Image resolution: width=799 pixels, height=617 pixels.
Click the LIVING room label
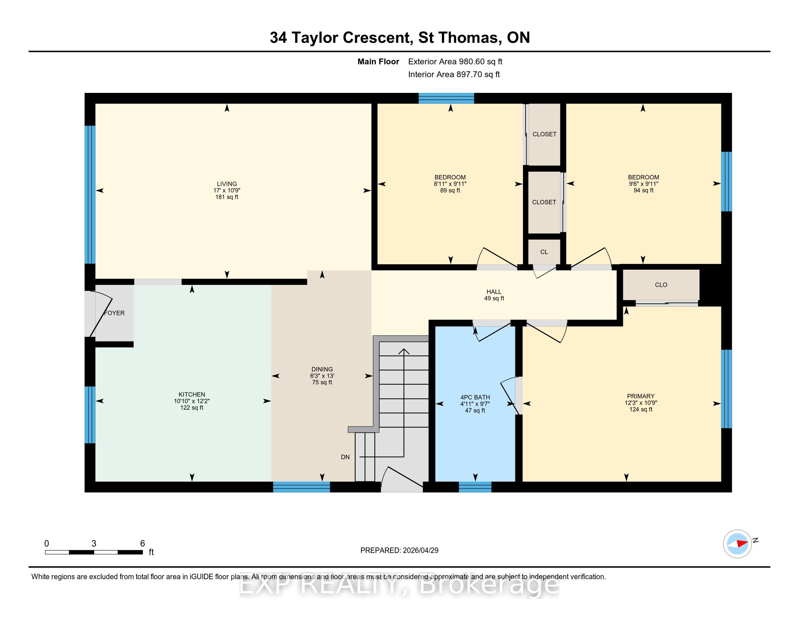pyautogui.click(x=227, y=184)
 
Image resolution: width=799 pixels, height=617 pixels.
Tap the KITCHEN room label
pyautogui.click(x=192, y=395)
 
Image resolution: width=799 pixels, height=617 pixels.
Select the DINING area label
pyautogui.click(x=322, y=369)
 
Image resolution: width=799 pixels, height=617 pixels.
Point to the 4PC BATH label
pyautogui.click(x=475, y=397)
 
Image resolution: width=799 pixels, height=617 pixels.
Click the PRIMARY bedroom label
pyautogui.click(x=641, y=396)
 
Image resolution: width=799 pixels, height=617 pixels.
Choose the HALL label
pyautogui.click(x=494, y=292)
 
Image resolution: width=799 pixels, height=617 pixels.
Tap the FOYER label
pyautogui.click(x=114, y=313)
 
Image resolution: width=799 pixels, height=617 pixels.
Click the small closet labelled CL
pyautogui.click(x=544, y=252)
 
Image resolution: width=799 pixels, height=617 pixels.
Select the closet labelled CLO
pyautogui.click(x=661, y=285)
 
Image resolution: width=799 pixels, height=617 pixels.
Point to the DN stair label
pyautogui.click(x=345, y=457)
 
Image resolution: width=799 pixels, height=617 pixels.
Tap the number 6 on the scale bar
pyautogui.click(x=143, y=544)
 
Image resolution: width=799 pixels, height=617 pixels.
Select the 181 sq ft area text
pyautogui.click(x=227, y=197)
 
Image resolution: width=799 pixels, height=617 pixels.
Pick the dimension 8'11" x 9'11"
pyautogui.click(x=450, y=184)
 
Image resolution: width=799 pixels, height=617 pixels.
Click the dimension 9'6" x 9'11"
pyautogui.click(x=644, y=184)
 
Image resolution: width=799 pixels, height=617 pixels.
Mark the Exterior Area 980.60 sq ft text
pyautogui.click(x=455, y=61)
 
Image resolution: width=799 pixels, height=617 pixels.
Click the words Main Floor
pyautogui.click(x=378, y=61)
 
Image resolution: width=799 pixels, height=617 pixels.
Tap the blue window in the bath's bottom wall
pyautogui.click(x=475, y=487)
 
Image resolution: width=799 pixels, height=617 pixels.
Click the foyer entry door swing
pyautogui.click(x=101, y=313)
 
